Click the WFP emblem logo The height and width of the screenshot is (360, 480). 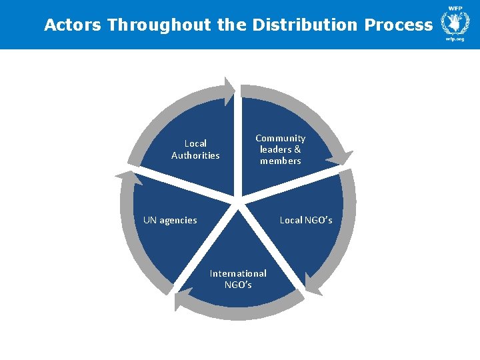click(455, 21)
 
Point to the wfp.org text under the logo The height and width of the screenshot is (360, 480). click(455, 39)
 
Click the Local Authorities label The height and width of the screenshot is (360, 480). click(195, 149)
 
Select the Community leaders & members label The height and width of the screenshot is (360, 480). click(281, 149)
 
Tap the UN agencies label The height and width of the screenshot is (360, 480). click(170, 220)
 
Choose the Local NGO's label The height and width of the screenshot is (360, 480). click(306, 220)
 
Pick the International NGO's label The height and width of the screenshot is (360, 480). click(238, 279)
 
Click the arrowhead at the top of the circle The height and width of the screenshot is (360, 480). click(230, 91)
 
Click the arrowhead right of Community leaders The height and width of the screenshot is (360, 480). click(345, 158)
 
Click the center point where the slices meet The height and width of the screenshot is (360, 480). click(237, 198)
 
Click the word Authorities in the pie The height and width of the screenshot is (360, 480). click(195, 155)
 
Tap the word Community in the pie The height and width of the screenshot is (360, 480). click(281, 138)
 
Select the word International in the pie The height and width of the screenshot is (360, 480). click(238, 273)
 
